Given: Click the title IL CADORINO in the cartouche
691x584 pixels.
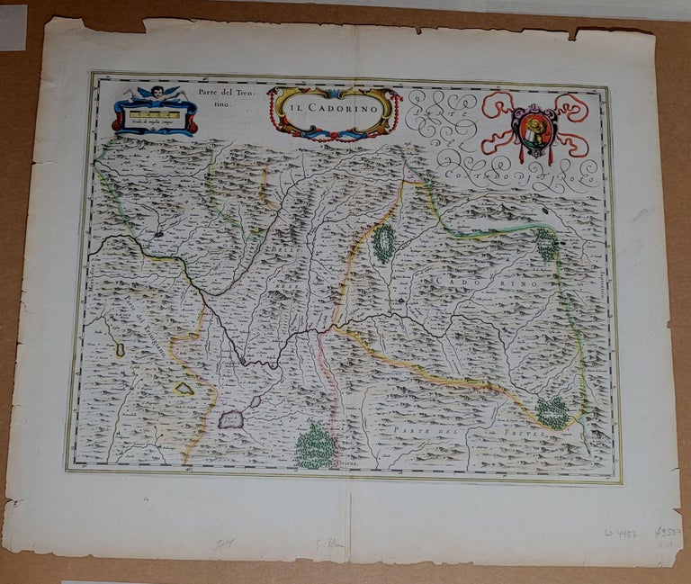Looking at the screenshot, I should pyautogui.click(x=334, y=107).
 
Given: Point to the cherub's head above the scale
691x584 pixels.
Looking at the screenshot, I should pyautogui.click(x=155, y=93).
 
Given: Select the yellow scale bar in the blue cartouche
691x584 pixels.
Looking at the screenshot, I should pyautogui.click(x=155, y=114).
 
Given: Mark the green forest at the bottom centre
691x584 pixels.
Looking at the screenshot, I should pyautogui.click(x=315, y=446).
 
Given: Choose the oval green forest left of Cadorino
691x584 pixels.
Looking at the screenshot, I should pyautogui.click(x=384, y=243).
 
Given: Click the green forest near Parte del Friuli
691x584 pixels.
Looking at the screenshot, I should pyautogui.click(x=553, y=412).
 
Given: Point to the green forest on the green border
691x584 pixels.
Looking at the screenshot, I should pyautogui.click(x=546, y=244).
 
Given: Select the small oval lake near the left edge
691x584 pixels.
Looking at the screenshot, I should pyautogui.click(x=120, y=348).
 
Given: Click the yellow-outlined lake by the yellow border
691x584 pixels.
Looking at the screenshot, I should pyautogui.click(x=184, y=388).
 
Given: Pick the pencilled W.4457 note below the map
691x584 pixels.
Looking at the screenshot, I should pyautogui.click(x=622, y=534).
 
